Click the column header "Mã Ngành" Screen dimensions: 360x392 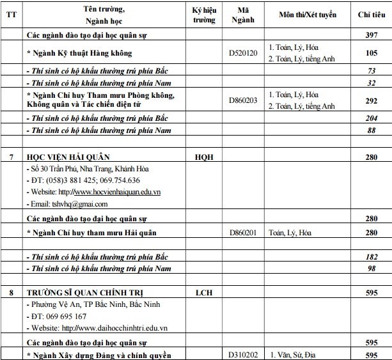point(242,15)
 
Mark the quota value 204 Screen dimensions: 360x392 point(370,119)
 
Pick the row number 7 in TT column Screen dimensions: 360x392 point(11,157)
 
